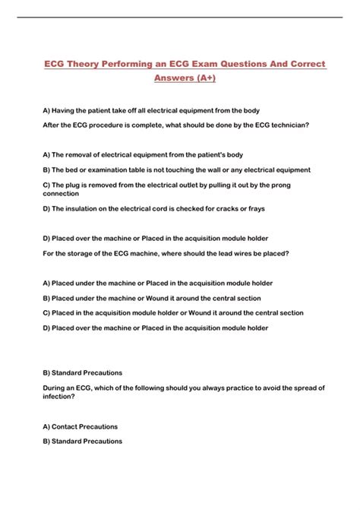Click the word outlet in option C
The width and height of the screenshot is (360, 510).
[x=196, y=185]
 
